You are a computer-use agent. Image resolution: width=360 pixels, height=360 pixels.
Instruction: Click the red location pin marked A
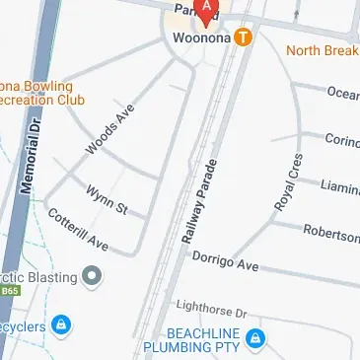point(206,10)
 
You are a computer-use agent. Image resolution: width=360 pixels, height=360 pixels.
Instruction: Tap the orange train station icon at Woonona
point(243,38)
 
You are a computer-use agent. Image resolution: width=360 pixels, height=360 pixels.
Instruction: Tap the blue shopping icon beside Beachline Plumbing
point(256,340)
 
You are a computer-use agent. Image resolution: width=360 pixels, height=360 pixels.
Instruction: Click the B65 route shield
point(9,292)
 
